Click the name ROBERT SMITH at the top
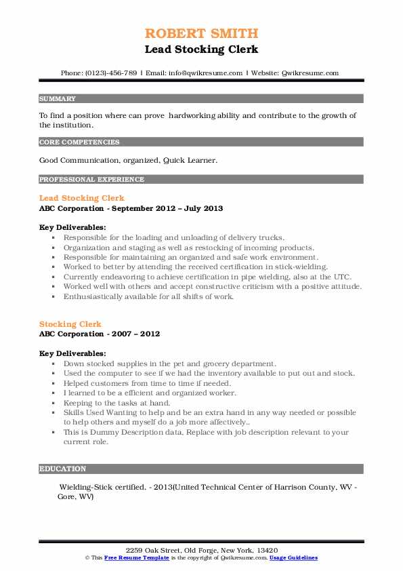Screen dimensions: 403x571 (201, 34)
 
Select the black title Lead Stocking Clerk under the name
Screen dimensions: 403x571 (201, 49)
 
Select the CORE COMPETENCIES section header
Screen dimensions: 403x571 (79, 142)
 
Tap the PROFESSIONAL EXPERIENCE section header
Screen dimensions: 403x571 (91, 180)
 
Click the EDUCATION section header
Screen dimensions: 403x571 (63, 469)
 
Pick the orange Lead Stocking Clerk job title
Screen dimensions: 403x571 (82, 198)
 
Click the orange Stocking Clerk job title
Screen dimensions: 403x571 (70, 324)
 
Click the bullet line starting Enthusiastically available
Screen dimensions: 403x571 (148, 296)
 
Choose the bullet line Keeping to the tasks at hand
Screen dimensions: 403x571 (118, 403)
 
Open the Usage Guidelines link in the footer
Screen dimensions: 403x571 (293, 557)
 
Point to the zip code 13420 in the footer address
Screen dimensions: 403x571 (265, 550)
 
